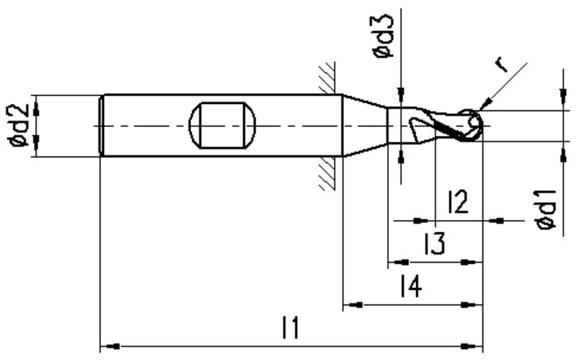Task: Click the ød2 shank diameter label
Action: click(x=19, y=125)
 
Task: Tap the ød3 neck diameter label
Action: click(x=384, y=37)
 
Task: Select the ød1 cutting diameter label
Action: click(x=546, y=210)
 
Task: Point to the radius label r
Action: click(x=501, y=65)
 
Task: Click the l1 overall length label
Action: click(x=291, y=328)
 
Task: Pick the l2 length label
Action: click(x=458, y=202)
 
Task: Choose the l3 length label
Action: click(x=435, y=243)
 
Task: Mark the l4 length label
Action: click(x=410, y=286)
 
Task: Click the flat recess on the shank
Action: click(x=222, y=126)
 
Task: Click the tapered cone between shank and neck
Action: click(x=364, y=126)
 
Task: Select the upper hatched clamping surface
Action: click(x=327, y=77)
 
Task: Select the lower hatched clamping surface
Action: click(x=327, y=174)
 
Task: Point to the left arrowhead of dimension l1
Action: click(x=110, y=346)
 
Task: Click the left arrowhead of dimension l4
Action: click(x=353, y=304)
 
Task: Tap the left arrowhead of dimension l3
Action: click(x=399, y=263)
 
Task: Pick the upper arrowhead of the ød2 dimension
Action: click(x=36, y=110)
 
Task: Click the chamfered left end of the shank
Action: click(x=102, y=126)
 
